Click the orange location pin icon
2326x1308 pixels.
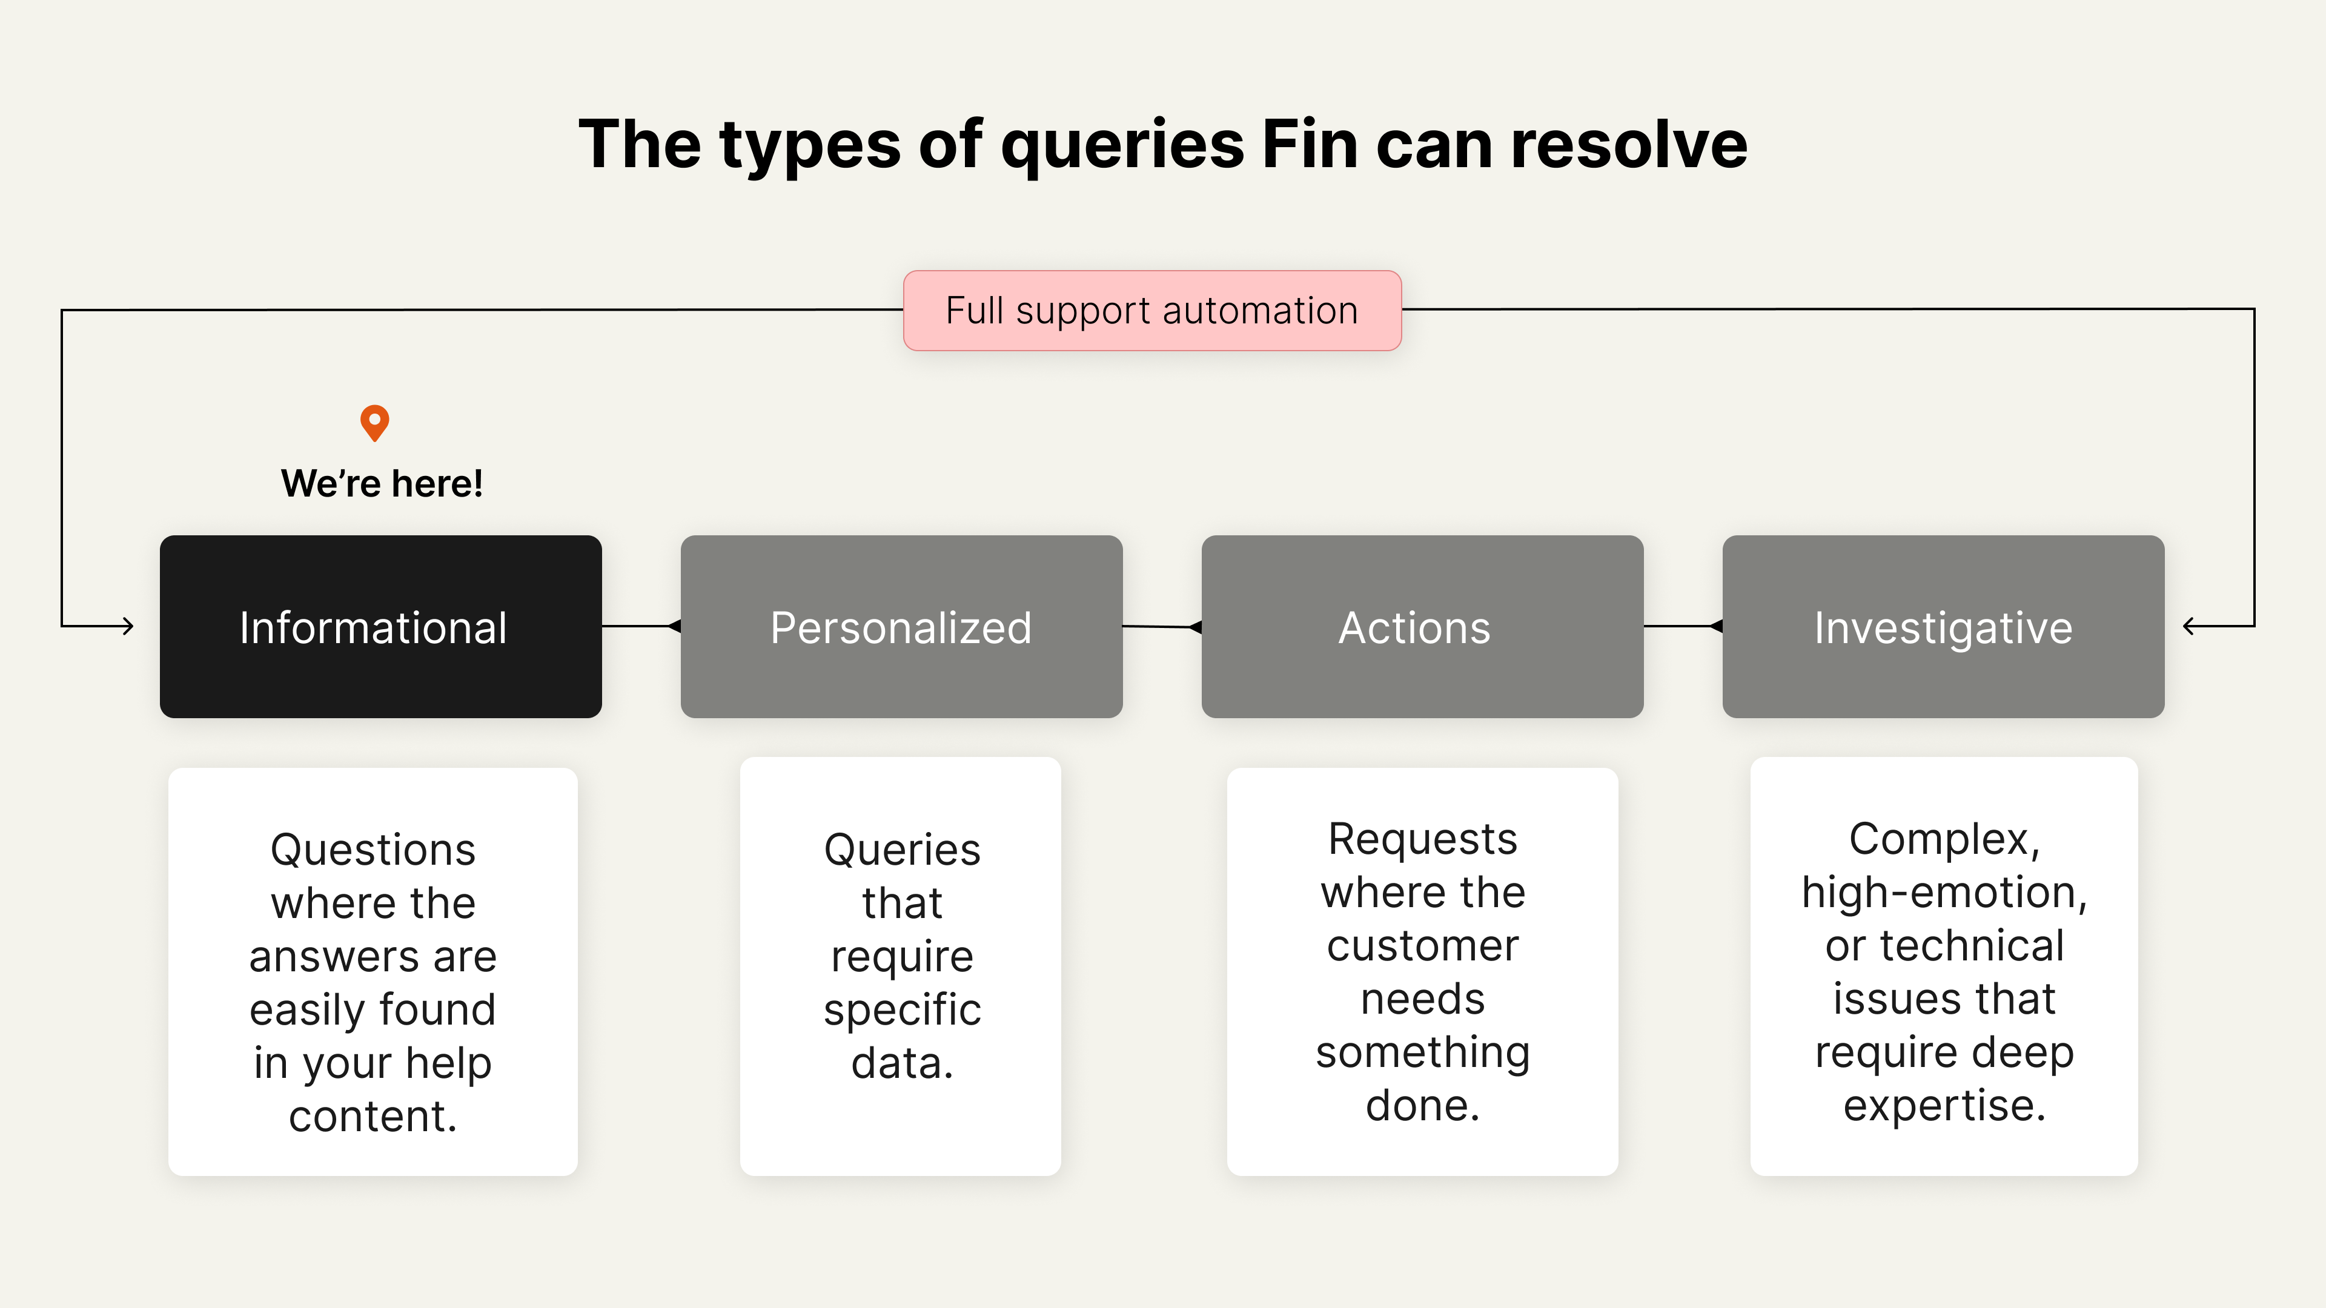click(x=375, y=421)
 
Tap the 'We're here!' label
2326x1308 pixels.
click(x=382, y=484)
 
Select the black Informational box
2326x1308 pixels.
click(x=381, y=627)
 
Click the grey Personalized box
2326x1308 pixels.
click(x=902, y=627)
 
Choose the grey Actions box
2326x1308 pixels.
click(x=1423, y=627)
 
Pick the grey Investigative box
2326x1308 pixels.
click(x=1944, y=627)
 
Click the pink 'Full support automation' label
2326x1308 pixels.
click(x=1152, y=311)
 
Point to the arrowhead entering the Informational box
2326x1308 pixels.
click(x=128, y=626)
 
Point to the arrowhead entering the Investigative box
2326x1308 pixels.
click(x=2188, y=626)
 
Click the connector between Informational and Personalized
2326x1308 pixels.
click(x=641, y=626)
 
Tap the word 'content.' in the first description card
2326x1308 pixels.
click(x=373, y=1117)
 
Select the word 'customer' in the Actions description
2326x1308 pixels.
click(x=1423, y=946)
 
